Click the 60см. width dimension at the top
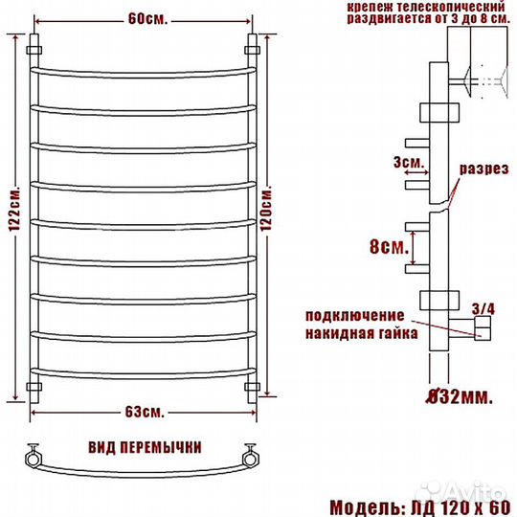tap(143, 18)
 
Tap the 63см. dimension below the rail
tap(144, 413)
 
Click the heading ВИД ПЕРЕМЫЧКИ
tap(144, 448)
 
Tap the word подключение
tap(353, 316)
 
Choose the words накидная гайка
tap(360, 335)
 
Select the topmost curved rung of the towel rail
tap(144, 71)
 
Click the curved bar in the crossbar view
tap(144, 470)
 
